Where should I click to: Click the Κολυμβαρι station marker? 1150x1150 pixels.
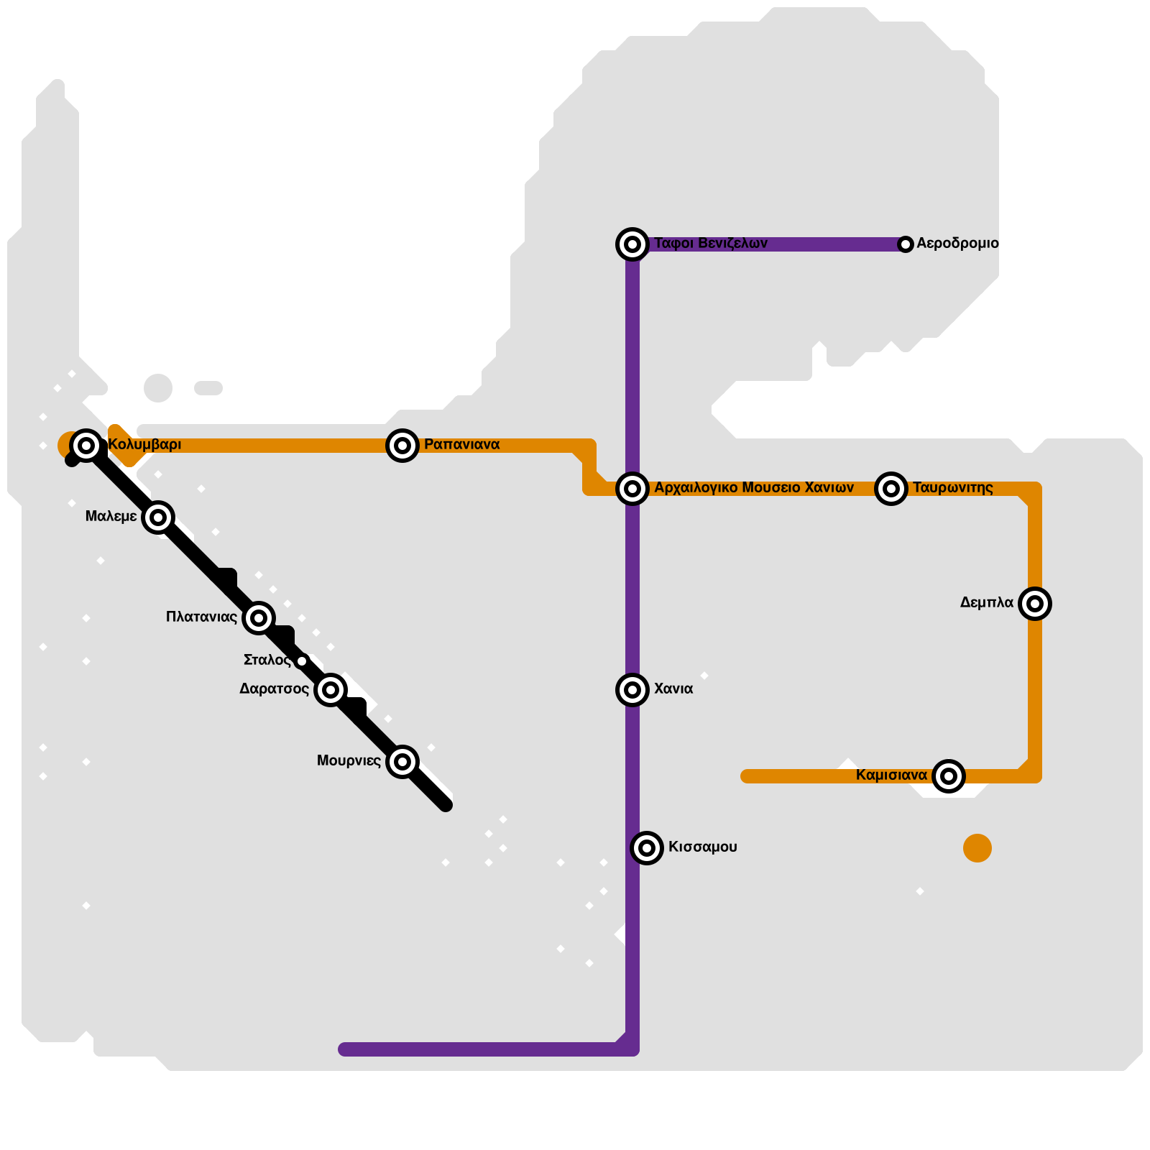(x=86, y=446)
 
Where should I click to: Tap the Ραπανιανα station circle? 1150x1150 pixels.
(x=402, y=446)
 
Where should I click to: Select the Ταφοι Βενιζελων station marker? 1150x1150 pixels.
(x=632, y=244)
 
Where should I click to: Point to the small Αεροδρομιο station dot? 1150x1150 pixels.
(x=906, y=244)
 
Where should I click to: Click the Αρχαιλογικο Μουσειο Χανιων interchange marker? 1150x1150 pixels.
(x=632, y=489)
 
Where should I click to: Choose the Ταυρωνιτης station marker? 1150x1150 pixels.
(x=891, y=489)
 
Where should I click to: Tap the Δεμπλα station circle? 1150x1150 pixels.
(x=1035, y=604)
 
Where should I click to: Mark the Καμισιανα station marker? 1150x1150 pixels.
(x=949, y=776)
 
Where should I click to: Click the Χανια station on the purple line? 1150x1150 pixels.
(x=632, y=690)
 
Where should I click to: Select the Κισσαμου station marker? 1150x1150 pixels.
(x=647, y=848)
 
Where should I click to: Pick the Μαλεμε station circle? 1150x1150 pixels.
(x=158, y=517)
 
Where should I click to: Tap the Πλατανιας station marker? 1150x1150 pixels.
(x=259, y=618)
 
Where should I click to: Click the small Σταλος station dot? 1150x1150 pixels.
(x=302, y=661)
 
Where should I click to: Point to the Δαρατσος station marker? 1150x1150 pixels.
(x=331, y=690)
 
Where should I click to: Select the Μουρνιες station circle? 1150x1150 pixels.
(x=402, y=762)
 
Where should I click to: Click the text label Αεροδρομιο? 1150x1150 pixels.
(x=957, y=244)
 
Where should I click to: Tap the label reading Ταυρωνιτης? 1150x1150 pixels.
(x=953, y=489)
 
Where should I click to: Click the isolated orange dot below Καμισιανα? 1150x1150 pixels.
(x=977, y=848)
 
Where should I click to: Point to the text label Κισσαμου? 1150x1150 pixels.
(x=703, y=847)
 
